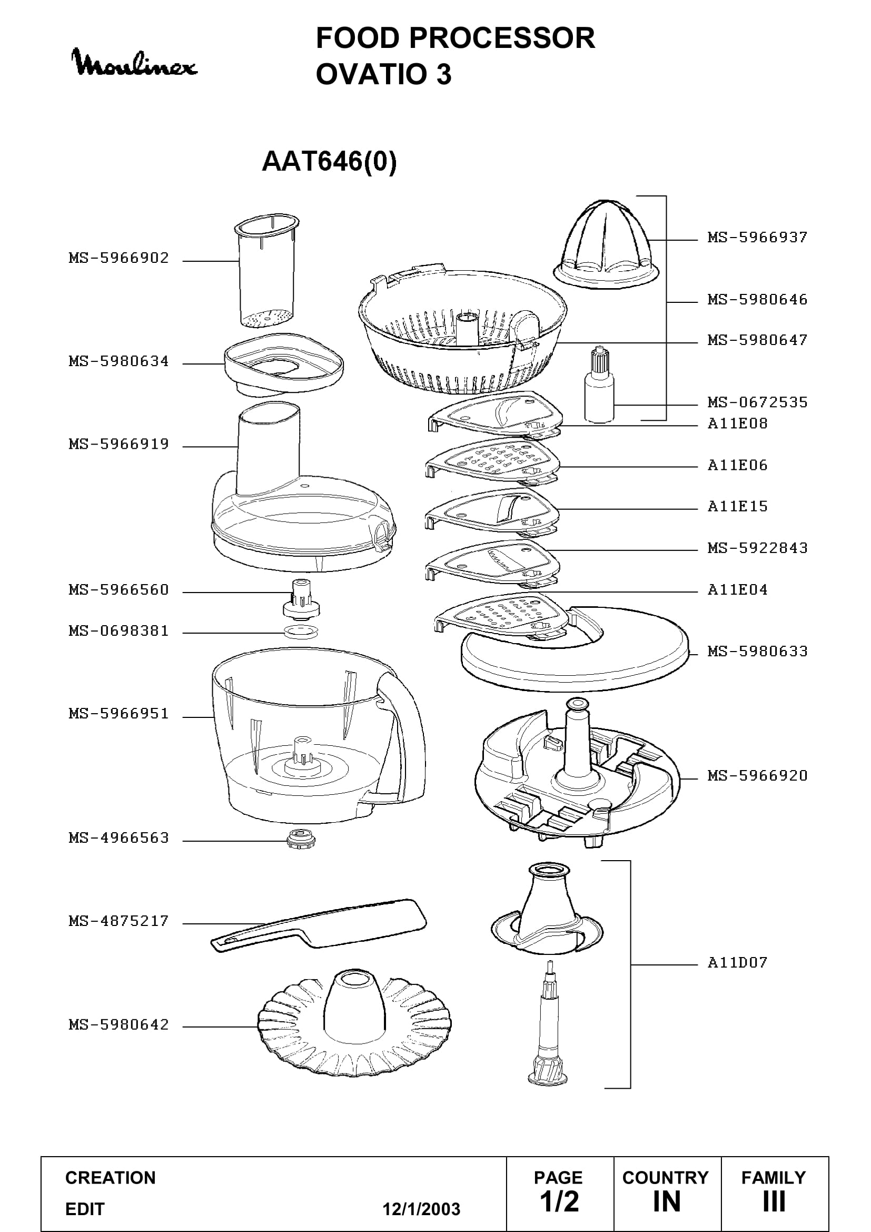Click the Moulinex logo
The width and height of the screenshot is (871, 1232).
pos(134,63)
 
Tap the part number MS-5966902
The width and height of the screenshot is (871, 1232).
pos(118,258)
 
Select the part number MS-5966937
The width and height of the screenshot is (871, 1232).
pos(757,237)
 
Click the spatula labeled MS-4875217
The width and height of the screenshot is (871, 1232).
pos(319,924)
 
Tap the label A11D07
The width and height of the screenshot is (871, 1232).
pos(737,963)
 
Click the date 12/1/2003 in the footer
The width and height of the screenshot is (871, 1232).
pos(421,1209)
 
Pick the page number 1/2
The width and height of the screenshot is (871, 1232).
pos(559,1201)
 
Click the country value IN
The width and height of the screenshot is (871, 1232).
pos(667,1201)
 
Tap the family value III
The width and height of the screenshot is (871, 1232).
pos(774,1201)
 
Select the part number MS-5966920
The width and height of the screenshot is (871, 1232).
pos(757,776)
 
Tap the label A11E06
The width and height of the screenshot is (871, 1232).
pos(737,465)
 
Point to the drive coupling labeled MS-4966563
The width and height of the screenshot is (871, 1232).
pos(301,839)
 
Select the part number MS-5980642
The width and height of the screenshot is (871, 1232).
pos(118,1025)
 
